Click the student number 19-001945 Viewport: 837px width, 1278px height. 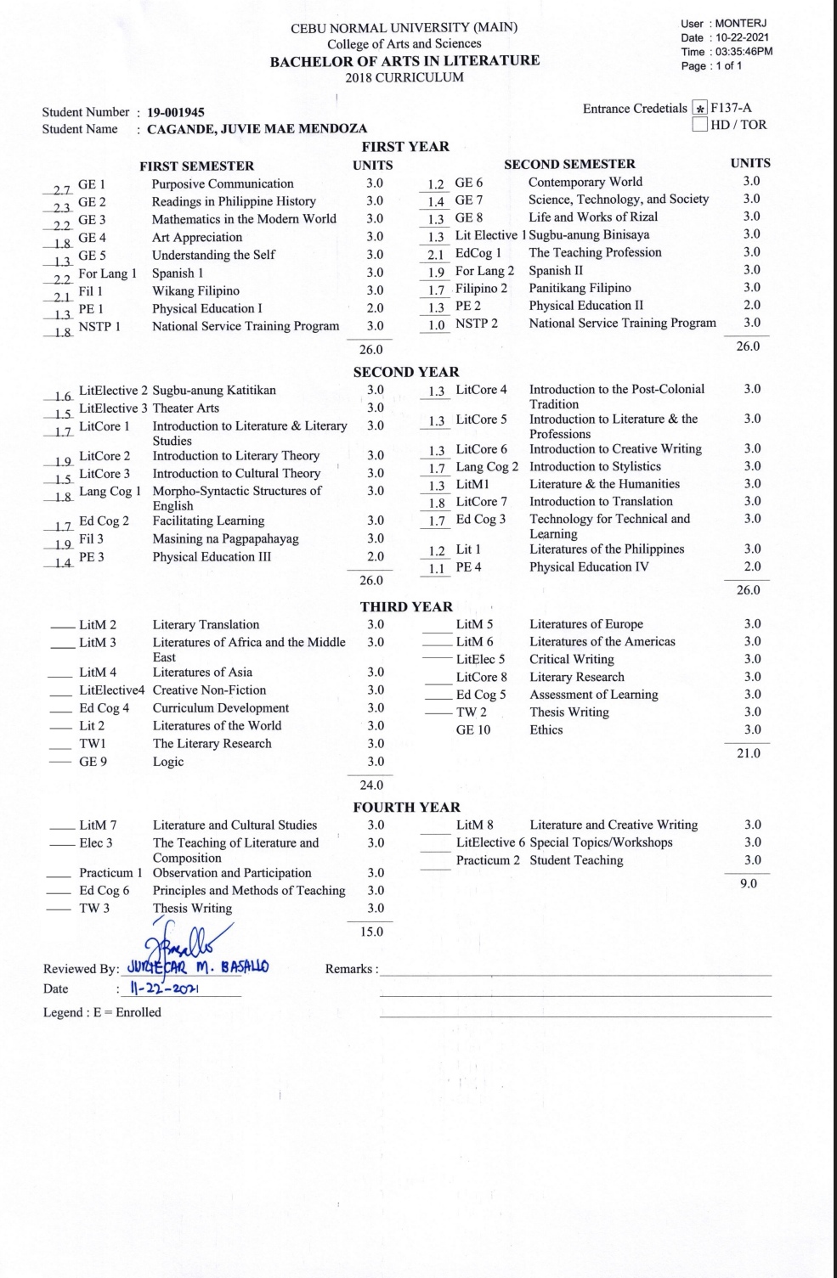click(176, 112)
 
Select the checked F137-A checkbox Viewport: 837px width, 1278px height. click(700, 109)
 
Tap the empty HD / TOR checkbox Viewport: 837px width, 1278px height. click(700, 125)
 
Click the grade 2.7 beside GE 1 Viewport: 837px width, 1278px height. click(61, 189)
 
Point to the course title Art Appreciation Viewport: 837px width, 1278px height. click(197, 238)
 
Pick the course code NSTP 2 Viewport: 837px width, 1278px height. click(477, 324)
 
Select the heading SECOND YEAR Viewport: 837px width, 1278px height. click(406, 372)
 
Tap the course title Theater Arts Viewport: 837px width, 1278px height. click(185, 408)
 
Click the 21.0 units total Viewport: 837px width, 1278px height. click(749, 753)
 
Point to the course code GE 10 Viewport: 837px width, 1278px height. click(473, 730)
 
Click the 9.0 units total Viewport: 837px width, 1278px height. click(749, 884)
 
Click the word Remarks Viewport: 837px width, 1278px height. click(348, 969)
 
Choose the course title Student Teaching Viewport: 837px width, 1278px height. click(576, 861)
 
